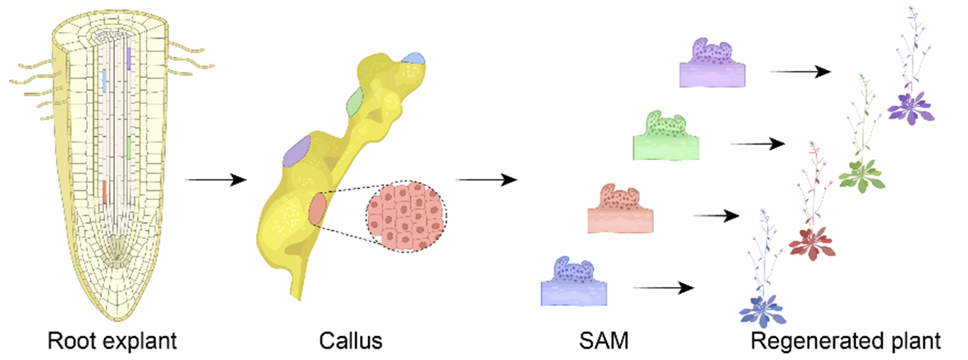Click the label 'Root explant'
(x=112, y=341)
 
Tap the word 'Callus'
(x=351, y=341)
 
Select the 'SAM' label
(x=604, y=341)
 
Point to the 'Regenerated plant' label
(x=846, y=341)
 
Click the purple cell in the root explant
(x=129, y=58)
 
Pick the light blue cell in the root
(x=104, y=81)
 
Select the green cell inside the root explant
(x=129, y=148)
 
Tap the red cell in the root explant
(x=105, y=192)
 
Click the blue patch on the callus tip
(x=413, y=58)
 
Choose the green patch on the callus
(x=355, y=102)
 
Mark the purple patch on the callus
(x=297, y=151)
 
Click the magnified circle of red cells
(x=406, y=217)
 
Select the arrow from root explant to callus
(x=216, y=180)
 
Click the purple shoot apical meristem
(x=712, y=64)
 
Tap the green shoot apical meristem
(x=666, y=136)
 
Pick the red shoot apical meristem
(x=620, y=209)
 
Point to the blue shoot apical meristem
(x=574, y=282)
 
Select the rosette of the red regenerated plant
(x=812, y=243)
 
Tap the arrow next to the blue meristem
(x=663, y=288)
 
